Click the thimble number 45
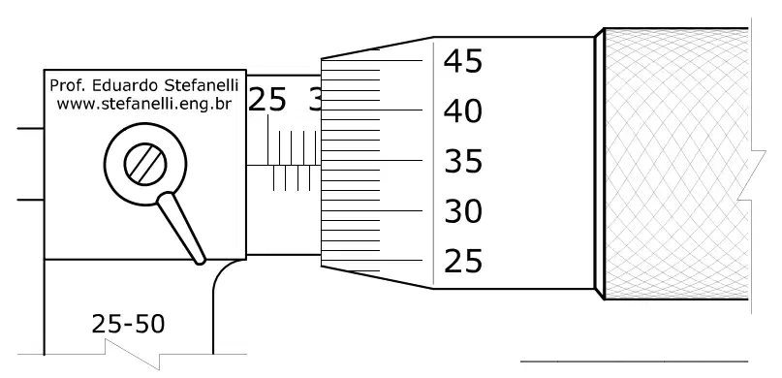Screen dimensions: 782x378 coord(463,61)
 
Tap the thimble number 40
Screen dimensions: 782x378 coord(463,111)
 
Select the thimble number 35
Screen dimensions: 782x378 coord(463,162)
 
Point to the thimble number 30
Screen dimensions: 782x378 coord(463,211)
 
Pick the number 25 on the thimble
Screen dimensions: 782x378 coord(463,261)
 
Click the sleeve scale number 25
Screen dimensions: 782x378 coord(266,100)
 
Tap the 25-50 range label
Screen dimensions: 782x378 coord(128,324)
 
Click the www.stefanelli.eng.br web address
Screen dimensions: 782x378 coord(143,105)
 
